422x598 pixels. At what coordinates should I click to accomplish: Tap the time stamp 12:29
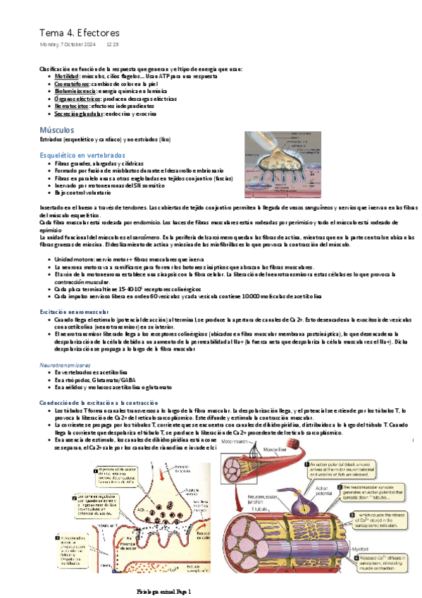(x=112, y=45)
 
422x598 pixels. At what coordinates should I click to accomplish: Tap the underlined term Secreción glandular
(x=79, y=114)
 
